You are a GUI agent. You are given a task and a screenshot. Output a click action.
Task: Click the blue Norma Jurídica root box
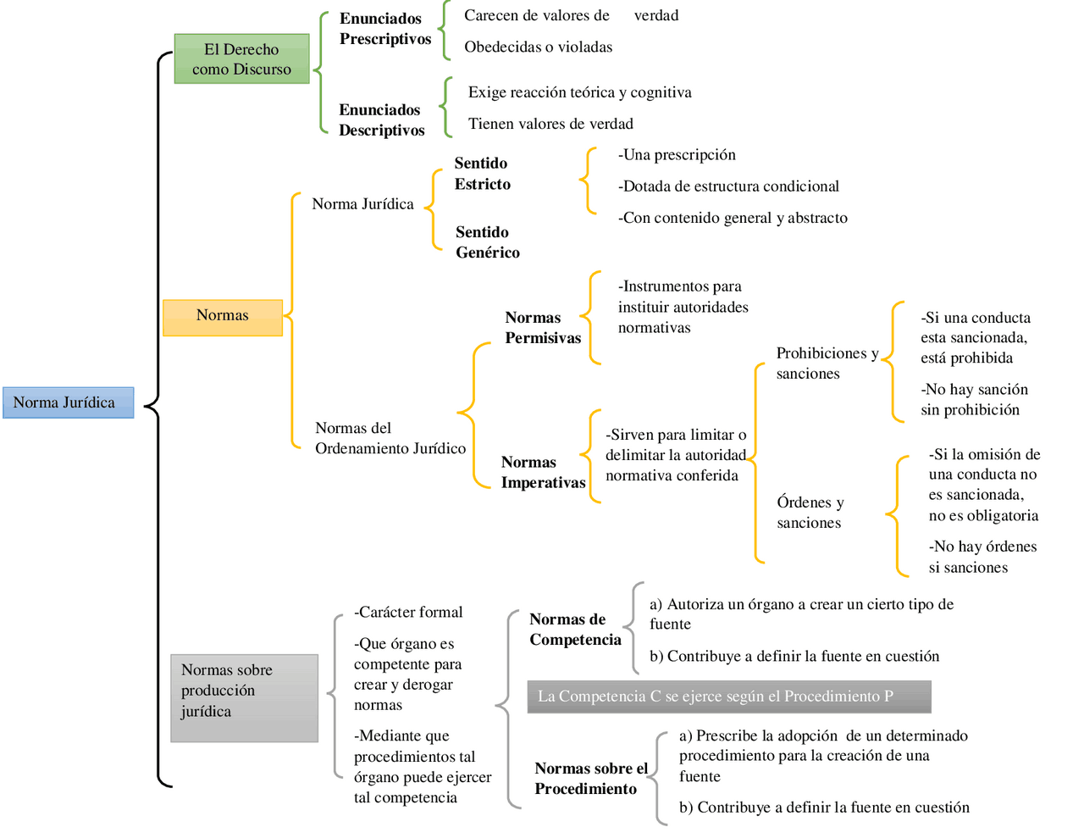click(x=68, y=402)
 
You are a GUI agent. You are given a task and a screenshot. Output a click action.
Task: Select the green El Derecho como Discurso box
click(x=241, y=59)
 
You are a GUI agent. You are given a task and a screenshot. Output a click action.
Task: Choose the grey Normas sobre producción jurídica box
click(x=244, y=697)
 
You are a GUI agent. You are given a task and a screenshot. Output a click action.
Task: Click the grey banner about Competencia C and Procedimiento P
click(x=728, y=696)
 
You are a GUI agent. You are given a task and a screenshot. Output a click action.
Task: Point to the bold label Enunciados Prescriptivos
click(x=385, y=29)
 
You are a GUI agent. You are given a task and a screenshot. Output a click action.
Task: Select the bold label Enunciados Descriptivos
click(x=382, y=120)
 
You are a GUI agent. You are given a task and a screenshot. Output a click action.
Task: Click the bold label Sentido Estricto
click(x=483, y=174)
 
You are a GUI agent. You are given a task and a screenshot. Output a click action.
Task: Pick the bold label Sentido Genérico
click(x=488, y=242)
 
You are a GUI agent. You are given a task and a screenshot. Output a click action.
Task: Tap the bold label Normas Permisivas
click(x=543, y=328)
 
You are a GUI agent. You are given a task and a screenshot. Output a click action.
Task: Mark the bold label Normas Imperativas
click(x=543, y=472)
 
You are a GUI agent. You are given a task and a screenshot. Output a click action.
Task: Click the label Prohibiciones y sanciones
click(x=827, y=364)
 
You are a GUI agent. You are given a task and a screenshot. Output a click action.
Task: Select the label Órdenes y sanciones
click(x=810, y=513)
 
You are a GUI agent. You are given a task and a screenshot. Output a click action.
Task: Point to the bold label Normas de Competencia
click(x=575, y=630)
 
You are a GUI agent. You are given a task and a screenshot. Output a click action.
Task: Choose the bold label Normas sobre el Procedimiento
click(x=590, y=779)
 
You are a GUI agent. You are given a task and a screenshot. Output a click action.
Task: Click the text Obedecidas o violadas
click(x=538, y=47)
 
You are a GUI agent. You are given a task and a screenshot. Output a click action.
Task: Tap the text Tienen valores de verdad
click(x=550, y=125)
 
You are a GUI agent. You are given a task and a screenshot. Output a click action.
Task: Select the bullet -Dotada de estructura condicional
click(x=728, y=186)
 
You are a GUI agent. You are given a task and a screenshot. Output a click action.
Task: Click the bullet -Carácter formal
click(x=408, y=613)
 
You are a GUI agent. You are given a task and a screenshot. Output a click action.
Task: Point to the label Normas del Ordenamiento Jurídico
click(x=390, y=438)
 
